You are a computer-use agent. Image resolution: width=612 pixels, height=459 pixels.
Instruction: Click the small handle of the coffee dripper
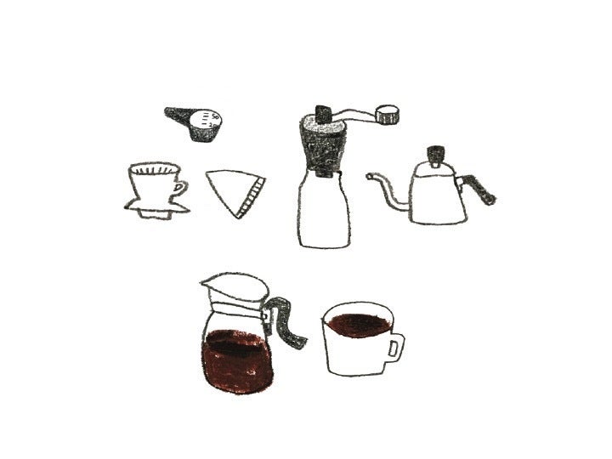pyautogui.click(x=180, y=189)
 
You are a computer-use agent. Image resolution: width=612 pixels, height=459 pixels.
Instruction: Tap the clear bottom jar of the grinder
pyautogui.click(x=324, y=212)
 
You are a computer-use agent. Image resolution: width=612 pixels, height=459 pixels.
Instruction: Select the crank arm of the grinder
pyautogui.click(x=354, y=113)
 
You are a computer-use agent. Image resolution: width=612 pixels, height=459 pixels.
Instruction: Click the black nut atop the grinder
pyautogui.click(x=324, y=113)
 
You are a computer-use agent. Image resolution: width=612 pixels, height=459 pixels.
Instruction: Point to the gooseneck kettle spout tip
pyautogui.click(x=370, y=177)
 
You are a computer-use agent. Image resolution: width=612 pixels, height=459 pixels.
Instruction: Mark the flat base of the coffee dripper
pyautogui.click(x=155, y=207)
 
